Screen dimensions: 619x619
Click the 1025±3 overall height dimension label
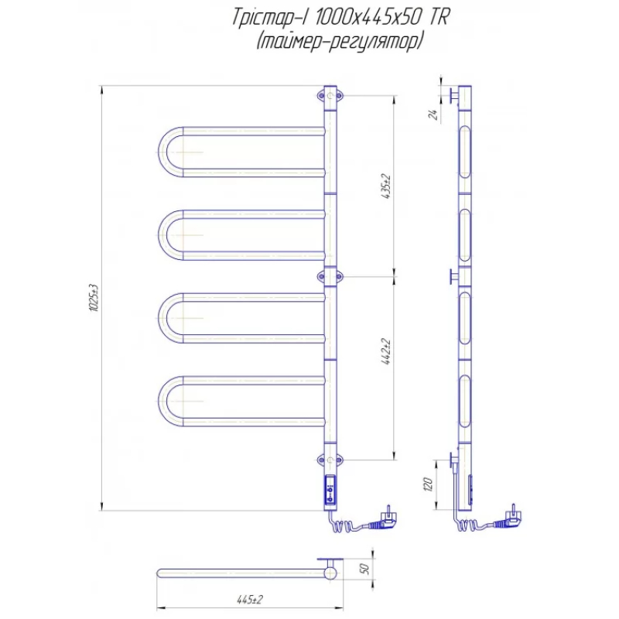(x=94, y=298)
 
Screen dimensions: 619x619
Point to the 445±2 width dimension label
(x=249, y=600)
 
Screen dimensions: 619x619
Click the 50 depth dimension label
(x=364, y=569)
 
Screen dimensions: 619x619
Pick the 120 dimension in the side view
(x=428, y=484)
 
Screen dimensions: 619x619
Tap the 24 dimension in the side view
(x=433, y=115)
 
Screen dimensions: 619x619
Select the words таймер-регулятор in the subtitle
(x=340, y=42)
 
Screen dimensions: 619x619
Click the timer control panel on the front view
(x=330, y=490)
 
